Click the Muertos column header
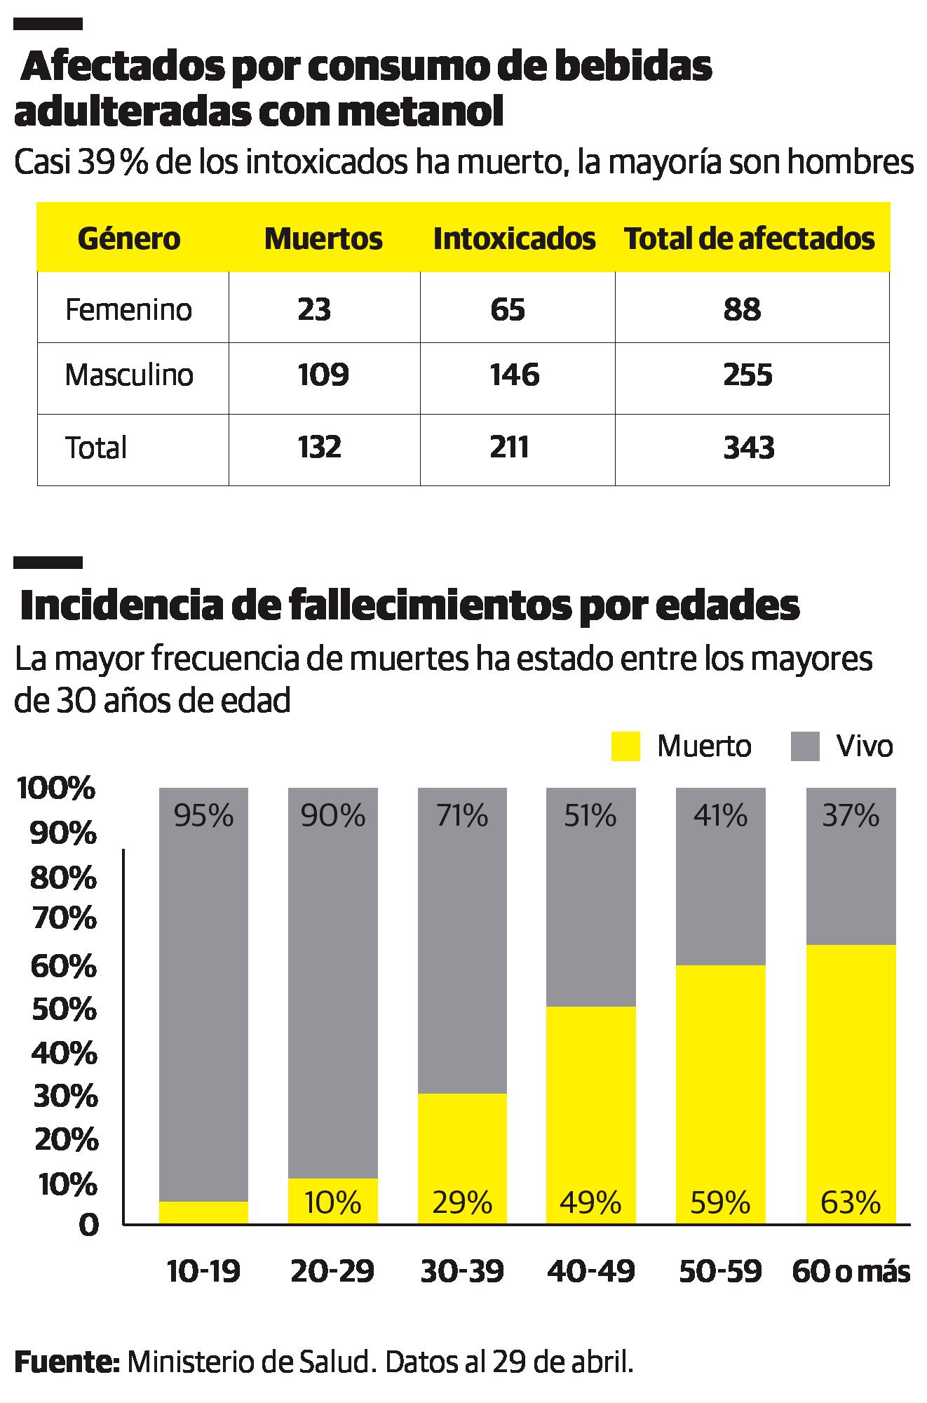click(323, 239)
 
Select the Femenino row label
click(128, 309)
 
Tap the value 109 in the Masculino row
click(323, 375)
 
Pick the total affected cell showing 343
click(749, 448)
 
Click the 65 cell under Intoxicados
click(508, 309)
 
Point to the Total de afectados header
click(749, 239)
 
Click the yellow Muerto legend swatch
click(625, 746)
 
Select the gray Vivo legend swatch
click(805, 746)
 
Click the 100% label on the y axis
click(55, 788)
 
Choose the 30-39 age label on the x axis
click(461, 1270)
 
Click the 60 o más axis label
click(851, 1270)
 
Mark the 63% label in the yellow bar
click(851, 1202)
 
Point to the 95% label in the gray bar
click(203, 816)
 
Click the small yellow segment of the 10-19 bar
click(203, 1212)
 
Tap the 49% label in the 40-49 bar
click(590, 1202)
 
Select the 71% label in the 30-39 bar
click(461, 816)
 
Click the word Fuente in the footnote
click(67, 1363)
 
